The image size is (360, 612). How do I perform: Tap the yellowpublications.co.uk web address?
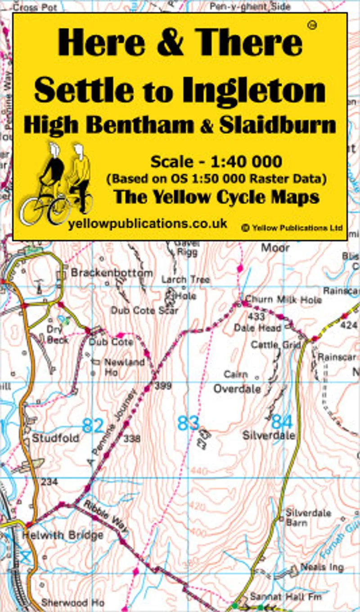pos(147,224)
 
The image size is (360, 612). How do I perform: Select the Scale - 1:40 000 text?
pos(216,161)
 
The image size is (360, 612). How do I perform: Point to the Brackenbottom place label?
pos(112,273)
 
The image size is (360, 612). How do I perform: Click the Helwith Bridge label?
pos(63,535)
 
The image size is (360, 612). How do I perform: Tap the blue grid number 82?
pos(93,425)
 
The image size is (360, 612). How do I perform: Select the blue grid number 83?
pos(188,423)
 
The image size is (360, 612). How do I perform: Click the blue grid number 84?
pos(282,422)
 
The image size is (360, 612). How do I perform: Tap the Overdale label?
pos(237,389)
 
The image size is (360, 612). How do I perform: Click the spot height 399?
pos(163,386)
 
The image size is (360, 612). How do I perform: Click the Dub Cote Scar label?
pos(144,310)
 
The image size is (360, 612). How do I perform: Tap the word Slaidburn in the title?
pos(278,125)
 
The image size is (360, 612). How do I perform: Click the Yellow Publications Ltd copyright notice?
pos(292,228)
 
